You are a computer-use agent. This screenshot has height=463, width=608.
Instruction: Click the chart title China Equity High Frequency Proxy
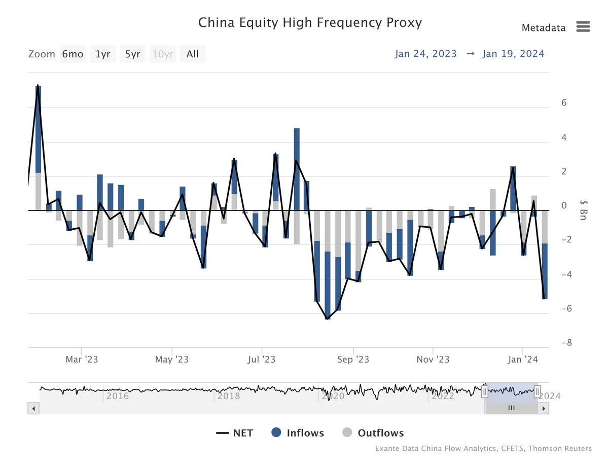[309, 23]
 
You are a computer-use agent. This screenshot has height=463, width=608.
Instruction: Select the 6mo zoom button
[72, 54]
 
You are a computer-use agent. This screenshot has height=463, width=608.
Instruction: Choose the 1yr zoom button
[103, 54]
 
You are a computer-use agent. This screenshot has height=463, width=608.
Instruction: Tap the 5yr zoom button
[132, 54]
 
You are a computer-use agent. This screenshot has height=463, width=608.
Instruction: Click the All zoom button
[192, 54]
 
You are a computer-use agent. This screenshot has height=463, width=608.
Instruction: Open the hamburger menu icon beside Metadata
[583, 27]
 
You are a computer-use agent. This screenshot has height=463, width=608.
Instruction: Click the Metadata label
[543, 28]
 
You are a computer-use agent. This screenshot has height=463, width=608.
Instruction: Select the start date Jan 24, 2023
[425, 54]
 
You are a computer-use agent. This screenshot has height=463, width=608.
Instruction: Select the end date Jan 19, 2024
[513, 54]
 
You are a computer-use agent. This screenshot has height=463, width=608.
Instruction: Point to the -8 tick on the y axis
[566, 343]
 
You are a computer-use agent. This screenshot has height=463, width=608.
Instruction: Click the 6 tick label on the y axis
[564, 103]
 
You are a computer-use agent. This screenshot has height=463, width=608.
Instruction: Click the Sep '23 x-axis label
[353, 360]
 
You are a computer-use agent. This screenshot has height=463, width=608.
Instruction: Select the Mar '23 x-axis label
[82, 360]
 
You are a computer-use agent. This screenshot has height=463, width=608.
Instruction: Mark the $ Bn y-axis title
[584, 210]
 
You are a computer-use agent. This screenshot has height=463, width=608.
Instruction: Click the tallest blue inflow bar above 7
[38, 129]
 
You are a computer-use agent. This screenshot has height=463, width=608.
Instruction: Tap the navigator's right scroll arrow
[544, 408]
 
